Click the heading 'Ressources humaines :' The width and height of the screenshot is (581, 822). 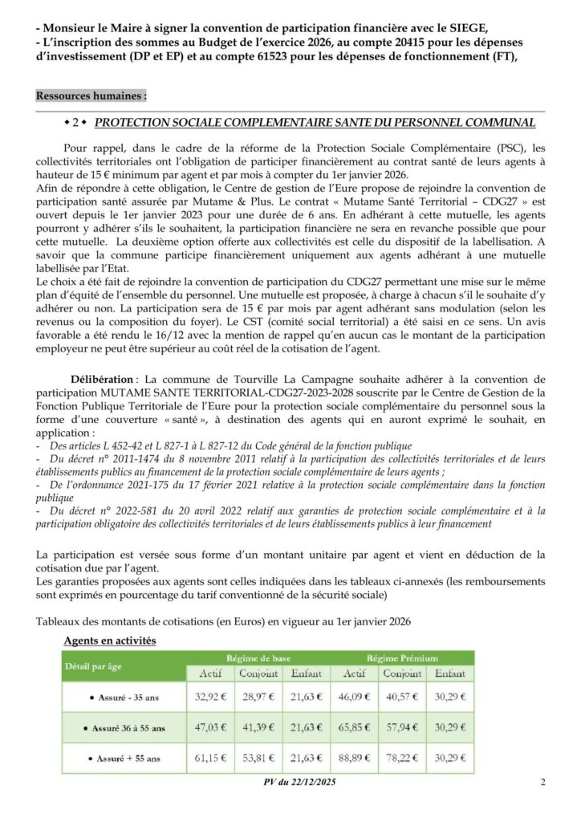click(91, 96)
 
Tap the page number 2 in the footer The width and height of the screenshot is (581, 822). click(543, 783)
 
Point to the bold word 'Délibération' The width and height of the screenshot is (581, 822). click(102, 378)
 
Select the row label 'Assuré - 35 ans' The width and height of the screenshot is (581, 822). click(124, 698)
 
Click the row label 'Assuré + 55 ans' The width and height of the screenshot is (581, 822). click(125, 758)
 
